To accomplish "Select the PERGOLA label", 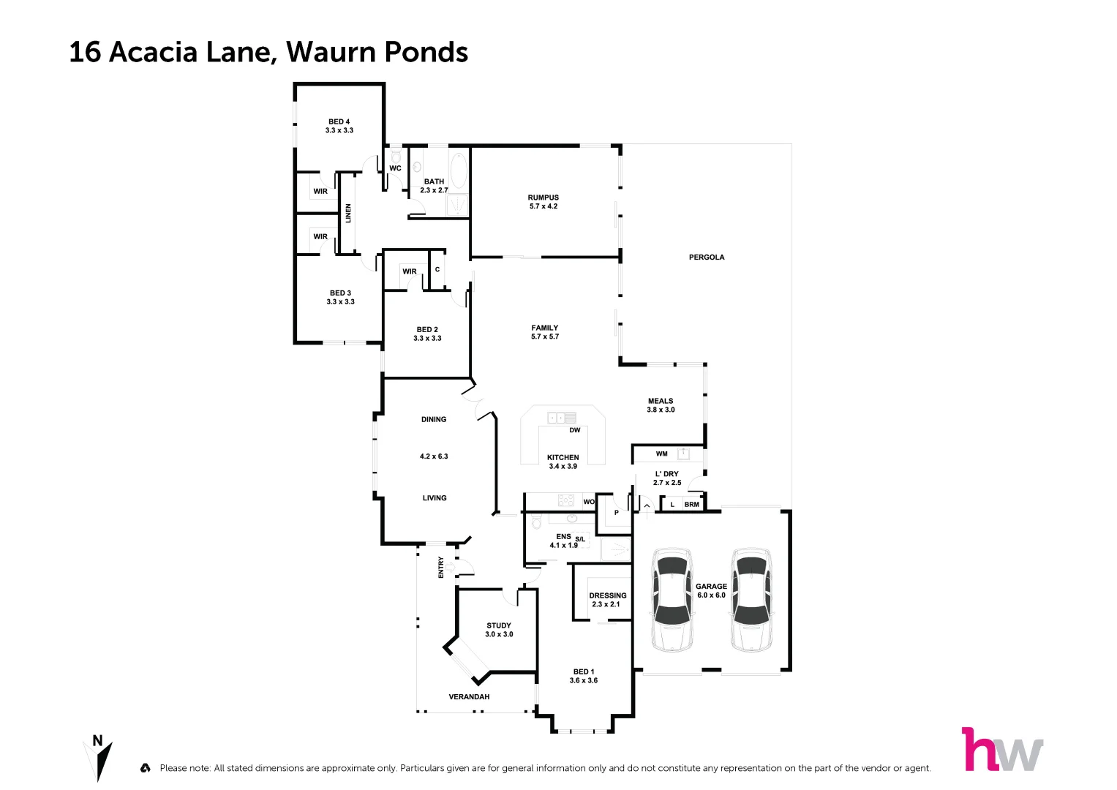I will [706, 257].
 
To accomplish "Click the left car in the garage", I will [672, 600].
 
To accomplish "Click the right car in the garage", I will [752, 600].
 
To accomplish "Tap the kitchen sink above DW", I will [562, 418].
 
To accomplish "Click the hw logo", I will [1001, 750].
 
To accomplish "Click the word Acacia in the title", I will [153, 53].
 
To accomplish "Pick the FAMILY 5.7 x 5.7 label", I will [544, 332].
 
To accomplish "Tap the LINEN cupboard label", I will [349, 213].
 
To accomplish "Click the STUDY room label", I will [499, 630].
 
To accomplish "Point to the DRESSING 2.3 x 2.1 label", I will [607, 600].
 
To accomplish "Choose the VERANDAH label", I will [469, 697].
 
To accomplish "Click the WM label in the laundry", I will [661, 454].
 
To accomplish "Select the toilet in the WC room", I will [395, 157].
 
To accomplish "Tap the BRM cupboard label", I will [691, 505].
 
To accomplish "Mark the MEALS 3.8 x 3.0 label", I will [661, 405].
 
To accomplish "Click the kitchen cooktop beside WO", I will [565, 501].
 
